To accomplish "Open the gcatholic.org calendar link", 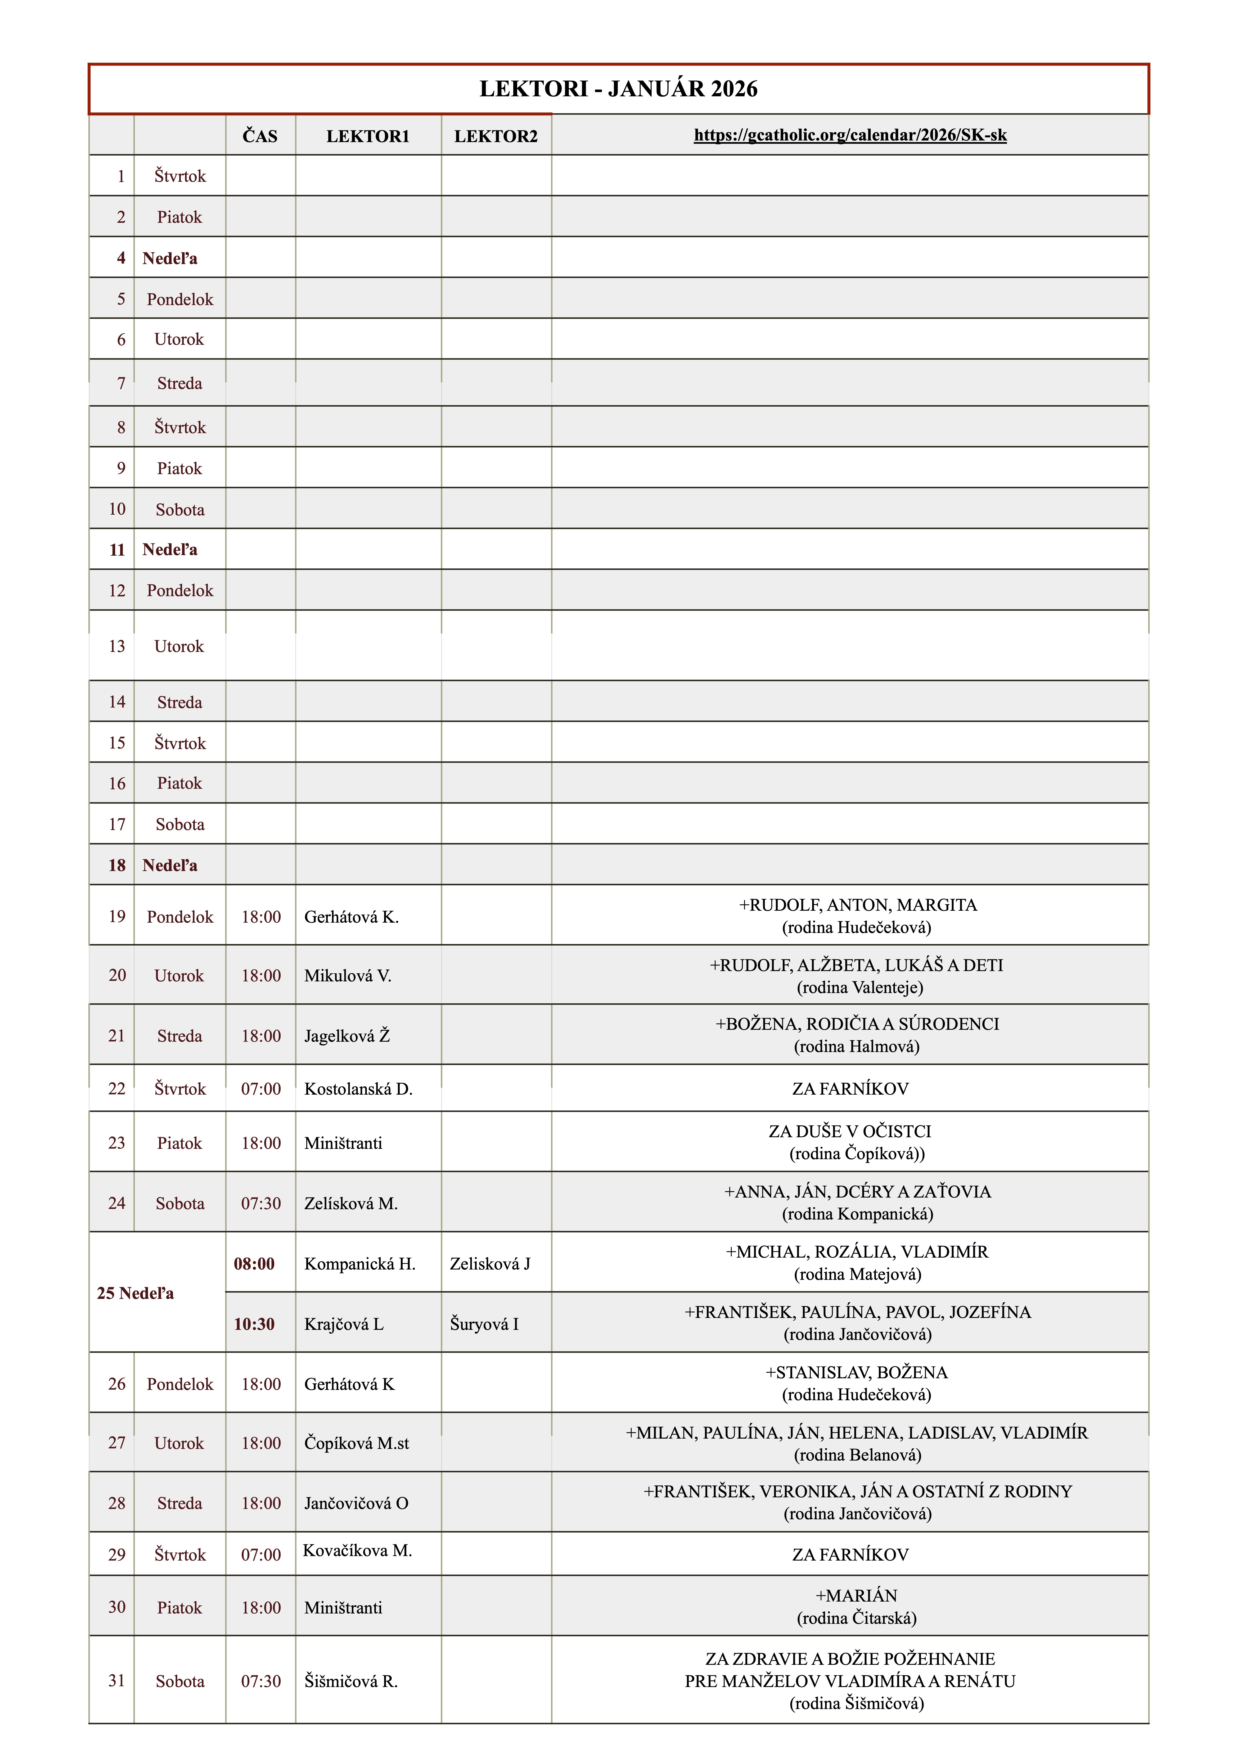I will pos(850,136).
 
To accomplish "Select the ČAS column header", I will pos(260,137).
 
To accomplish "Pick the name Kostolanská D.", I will pos(358,1089).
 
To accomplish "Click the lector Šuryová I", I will pos(484,1324).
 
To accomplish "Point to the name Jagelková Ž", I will pos(347,1036).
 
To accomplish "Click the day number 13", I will pos(117,646).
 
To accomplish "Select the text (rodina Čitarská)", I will pos(857,1618).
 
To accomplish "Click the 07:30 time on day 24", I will pos(261,1204).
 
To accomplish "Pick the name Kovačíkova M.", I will pos(358,1550).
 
